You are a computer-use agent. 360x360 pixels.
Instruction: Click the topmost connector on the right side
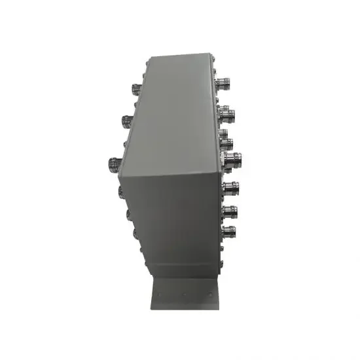coord(226,84)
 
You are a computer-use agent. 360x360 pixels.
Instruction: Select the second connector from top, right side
coord(228,115)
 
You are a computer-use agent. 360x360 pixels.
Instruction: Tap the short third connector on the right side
coord(226,139)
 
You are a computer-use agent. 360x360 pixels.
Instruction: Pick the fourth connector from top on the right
coord(232,158)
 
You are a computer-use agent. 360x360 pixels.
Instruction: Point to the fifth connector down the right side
coord(230,188)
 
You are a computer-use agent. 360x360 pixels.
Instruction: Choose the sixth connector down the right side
coord(230,211)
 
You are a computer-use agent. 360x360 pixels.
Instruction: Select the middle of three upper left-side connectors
coord(126,120)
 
